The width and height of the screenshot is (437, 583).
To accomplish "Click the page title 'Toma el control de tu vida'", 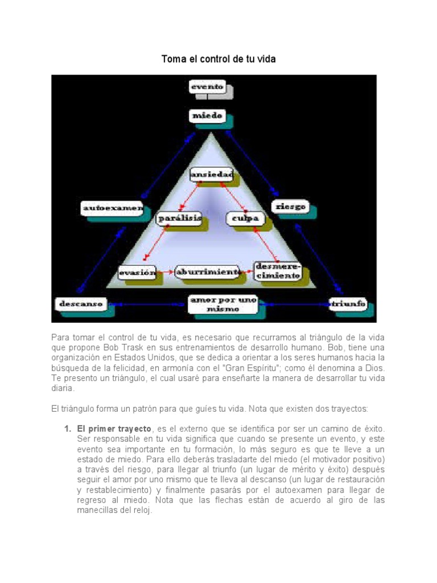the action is point(218,59).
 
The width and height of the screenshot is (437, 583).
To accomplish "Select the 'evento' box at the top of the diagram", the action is point(207,87).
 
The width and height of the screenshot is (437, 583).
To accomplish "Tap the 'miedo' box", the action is point(207,116).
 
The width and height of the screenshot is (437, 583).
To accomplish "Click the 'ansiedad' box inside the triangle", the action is point(211,174).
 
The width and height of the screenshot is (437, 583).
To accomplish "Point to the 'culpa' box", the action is point(245,217).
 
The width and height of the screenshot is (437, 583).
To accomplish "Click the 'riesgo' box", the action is point(290,206).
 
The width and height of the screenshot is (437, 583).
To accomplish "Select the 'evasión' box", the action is point(137,273).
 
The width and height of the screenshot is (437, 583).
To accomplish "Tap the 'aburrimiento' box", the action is point(208,272).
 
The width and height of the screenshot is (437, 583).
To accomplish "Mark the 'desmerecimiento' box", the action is point(277,270).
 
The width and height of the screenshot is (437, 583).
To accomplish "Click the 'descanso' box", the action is point(80,303).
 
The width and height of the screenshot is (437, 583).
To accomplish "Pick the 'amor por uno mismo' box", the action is point(223,304).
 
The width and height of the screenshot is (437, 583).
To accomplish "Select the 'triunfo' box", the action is point(349,303).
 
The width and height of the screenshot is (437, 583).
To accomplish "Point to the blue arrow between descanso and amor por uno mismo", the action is point(148,304).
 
